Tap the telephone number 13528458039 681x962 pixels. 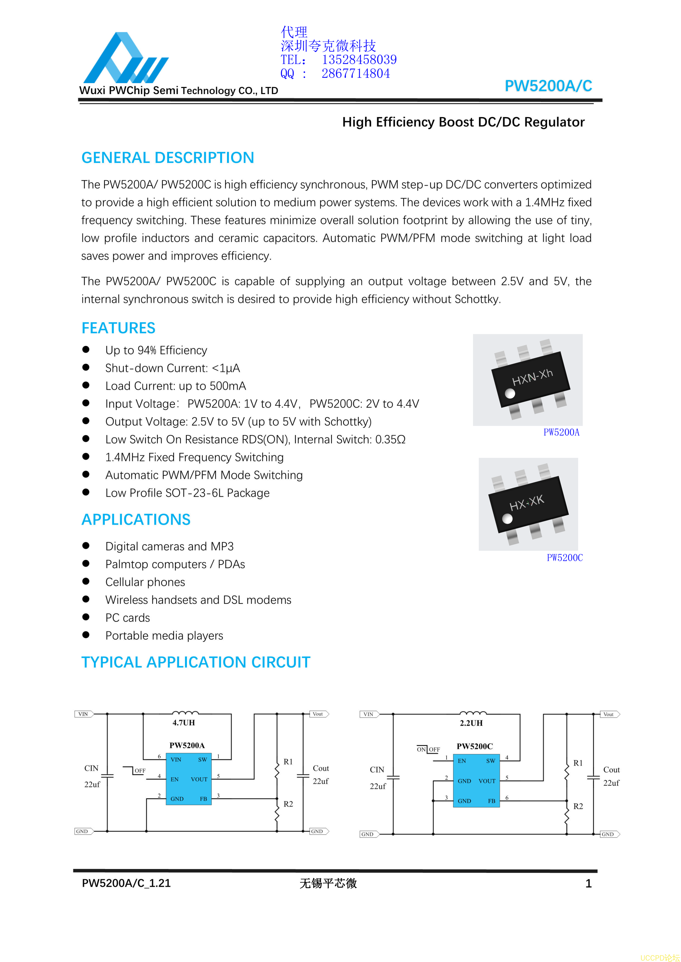(359, 60)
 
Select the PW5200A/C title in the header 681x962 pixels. (548, 86)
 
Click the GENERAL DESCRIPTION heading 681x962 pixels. (168, 157)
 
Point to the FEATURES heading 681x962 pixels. (118, 328)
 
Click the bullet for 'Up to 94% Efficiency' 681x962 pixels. (86, 349)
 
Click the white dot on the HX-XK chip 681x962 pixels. (507, 519)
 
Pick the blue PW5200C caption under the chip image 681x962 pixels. (564, 558)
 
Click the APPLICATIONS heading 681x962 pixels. (136, 519)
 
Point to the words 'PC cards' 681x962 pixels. (128, 618)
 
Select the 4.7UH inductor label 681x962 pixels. (184, 722)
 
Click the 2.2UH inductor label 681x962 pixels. (471, 723)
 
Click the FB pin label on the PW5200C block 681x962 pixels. (491, 801)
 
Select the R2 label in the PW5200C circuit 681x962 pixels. (578, 806)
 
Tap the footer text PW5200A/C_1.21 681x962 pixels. (126, 883)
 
